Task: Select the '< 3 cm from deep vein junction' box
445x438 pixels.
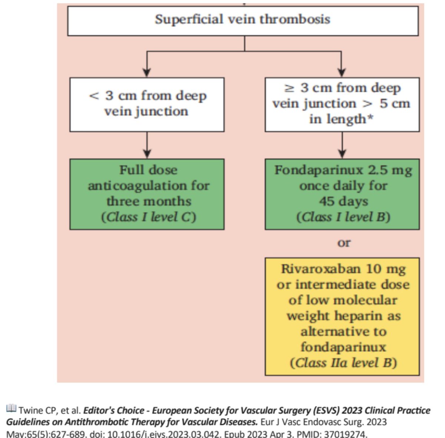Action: coord(147,104)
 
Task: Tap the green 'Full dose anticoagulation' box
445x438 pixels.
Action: coord(147,194)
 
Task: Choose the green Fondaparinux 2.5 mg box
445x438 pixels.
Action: coord(342,194)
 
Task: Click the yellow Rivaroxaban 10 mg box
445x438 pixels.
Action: coord(342,316)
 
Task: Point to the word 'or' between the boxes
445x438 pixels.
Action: coord(344,243)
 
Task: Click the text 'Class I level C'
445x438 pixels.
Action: coord(148,217)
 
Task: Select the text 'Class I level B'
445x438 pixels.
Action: coord(343,217)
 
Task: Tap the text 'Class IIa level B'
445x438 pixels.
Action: coord(343,363)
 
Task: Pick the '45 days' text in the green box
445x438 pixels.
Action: coord(343,201)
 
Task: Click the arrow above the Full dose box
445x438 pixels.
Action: coord(147,152)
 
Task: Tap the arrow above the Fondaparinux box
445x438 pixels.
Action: coord(342,152)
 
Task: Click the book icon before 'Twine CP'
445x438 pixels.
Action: coord(11,409)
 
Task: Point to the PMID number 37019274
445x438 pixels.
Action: coord(343,434)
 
